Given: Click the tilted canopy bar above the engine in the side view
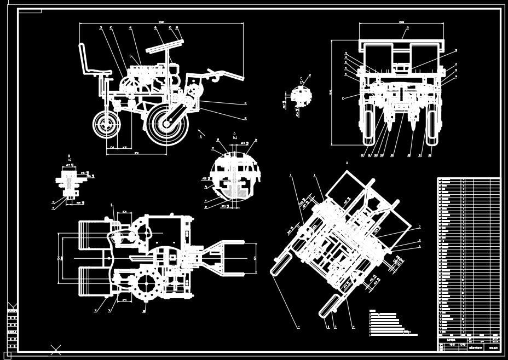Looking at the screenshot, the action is coord(163,49).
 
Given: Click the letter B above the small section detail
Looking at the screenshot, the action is coord(70,156).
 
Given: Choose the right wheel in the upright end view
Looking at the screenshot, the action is coord(434,125).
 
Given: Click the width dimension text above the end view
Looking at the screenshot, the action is coord(401,22).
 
